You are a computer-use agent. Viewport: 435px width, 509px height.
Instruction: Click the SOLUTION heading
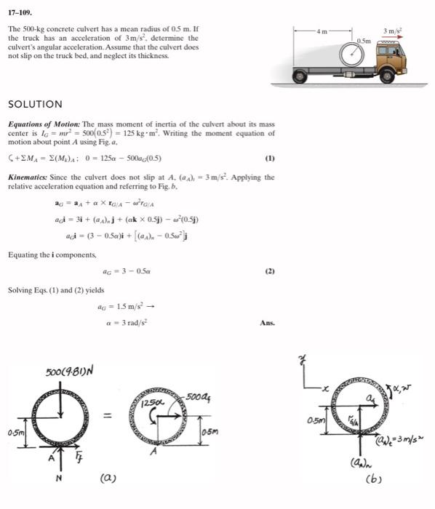35,104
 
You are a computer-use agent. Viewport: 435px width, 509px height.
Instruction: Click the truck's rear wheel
298,76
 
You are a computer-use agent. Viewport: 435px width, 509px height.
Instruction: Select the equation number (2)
270,270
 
